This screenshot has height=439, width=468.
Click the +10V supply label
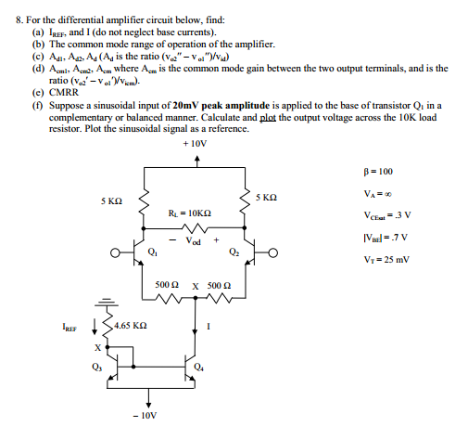(196, 146)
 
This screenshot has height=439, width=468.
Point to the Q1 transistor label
(152, 252)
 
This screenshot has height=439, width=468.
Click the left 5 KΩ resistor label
(113, 200)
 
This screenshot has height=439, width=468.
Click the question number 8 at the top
(12, 8)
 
